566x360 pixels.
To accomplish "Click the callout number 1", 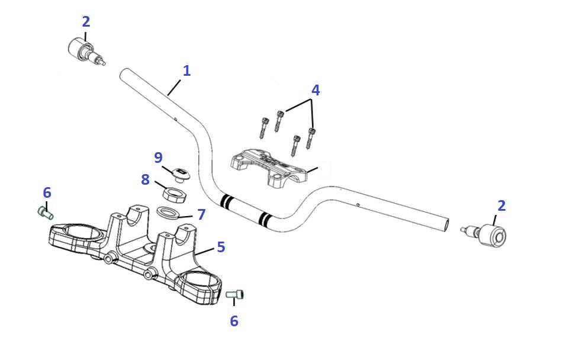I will pyautogui.click(x=186, y=71).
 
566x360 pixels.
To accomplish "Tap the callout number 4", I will pyautogui.click(x=316, y=91).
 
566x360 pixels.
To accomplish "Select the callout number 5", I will pyautogui.click(x=221, y=247).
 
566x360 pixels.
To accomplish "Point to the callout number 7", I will pyautogui.click(x=201, y=214).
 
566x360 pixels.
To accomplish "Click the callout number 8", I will pyautogui.click(x=146, y=179).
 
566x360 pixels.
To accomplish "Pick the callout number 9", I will pyautogui.click(x=158, y=157).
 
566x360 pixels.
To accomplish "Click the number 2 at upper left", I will pyautogui.click(x=86, y=22).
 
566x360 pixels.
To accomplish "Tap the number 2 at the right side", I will pyautogui.click(x=501, y=206).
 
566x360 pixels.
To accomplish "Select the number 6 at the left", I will pyautogui.click(x=47, y=192).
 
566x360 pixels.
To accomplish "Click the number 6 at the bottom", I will pyautogui.click(x=234, y=321).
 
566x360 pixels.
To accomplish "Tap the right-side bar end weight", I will pyautogui.click(x=491, y=236).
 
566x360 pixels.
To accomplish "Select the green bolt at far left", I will pyautogui.click(x=45, y=211).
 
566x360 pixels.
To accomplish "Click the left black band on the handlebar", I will pyautogui.click(x=225, y=201).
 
